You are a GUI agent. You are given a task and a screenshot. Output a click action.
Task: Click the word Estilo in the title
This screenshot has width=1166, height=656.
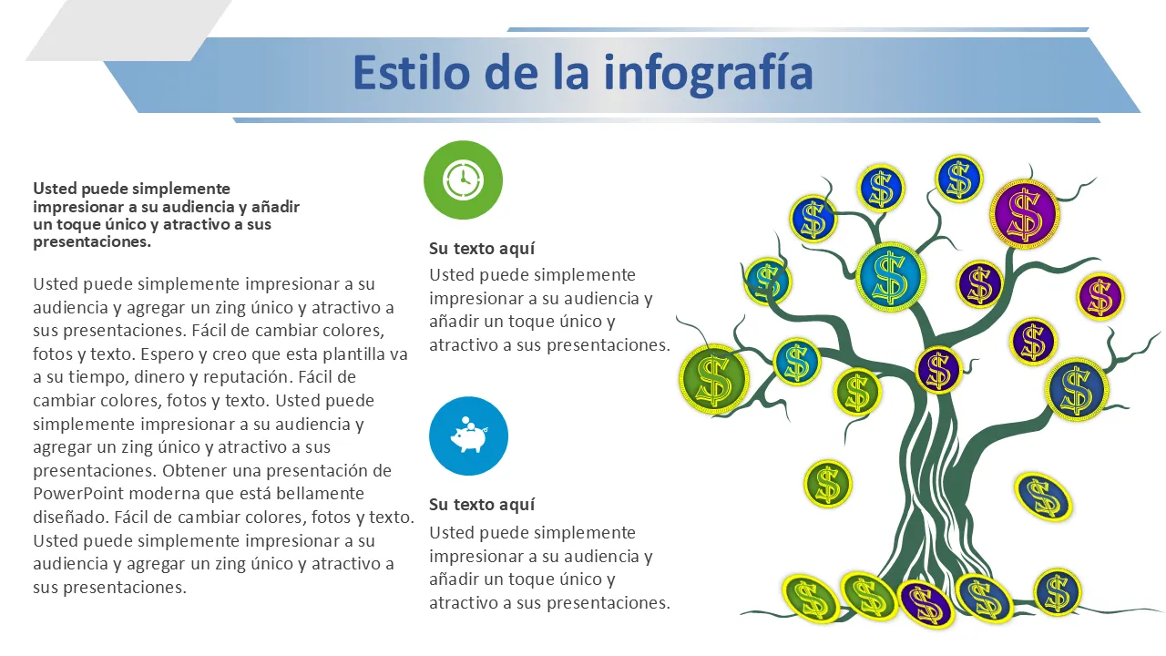click(412, 72)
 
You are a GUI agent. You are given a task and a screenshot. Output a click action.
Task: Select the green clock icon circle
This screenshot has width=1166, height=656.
click(464, 180)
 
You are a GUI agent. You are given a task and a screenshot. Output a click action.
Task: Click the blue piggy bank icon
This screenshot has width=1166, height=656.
click(468, 436)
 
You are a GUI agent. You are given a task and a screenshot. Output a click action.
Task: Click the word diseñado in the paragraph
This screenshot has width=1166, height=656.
click(70, 518)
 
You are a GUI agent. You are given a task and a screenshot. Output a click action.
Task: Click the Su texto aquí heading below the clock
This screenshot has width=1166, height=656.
click(482, 249)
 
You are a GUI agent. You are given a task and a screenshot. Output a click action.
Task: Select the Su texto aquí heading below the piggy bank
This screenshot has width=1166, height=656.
click(482, 505)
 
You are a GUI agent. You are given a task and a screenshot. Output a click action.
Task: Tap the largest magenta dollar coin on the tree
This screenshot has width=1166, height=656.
click(1025, 214)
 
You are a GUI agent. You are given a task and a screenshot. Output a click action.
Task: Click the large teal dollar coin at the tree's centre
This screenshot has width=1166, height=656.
click(890, 277)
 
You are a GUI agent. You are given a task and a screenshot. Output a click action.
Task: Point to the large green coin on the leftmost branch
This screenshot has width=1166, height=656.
click(713, 380)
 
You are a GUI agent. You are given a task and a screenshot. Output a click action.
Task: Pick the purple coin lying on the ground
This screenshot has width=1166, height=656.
click(926, 604)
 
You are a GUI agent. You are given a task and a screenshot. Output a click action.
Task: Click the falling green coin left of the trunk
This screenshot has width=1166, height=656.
click(828, 484)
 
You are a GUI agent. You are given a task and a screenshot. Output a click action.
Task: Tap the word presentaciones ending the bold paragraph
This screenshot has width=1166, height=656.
click(92, 242)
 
